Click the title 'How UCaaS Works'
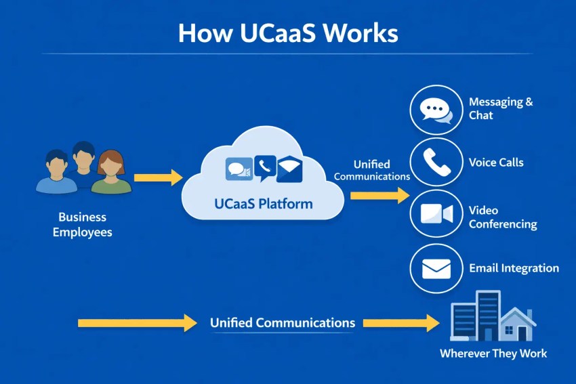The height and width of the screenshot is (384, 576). [x=288, y=33]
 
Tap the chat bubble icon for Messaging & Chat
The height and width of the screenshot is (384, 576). [x=436, y=110]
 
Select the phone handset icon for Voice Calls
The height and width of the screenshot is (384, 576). [x=436, y=162]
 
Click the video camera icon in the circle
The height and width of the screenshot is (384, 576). [x=436, y=215]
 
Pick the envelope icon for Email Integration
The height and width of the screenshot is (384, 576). [x=436, y=269]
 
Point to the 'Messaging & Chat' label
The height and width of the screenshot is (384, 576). [x=501, y=108]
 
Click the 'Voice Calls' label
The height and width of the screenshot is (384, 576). [x=496, y=163]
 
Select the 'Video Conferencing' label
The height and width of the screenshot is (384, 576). [x=503, y=217]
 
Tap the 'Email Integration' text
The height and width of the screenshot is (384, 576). [x=514, y=268]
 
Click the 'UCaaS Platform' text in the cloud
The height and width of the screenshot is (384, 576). [x=264, y=203]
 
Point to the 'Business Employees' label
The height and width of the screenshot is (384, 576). [x=82, y=225]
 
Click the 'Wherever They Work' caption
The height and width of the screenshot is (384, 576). [x=493, y=353]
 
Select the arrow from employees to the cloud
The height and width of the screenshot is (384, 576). [x=158, y=178]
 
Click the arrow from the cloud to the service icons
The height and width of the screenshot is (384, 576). [x=379, y=196]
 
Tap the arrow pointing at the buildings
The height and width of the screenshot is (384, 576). [x=401, y=323]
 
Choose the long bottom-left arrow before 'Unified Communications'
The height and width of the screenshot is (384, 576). [x=137, y=323]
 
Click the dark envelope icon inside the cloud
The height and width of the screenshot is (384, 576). [x=289, y=168]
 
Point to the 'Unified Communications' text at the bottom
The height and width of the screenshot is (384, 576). [x=282, y=323]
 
